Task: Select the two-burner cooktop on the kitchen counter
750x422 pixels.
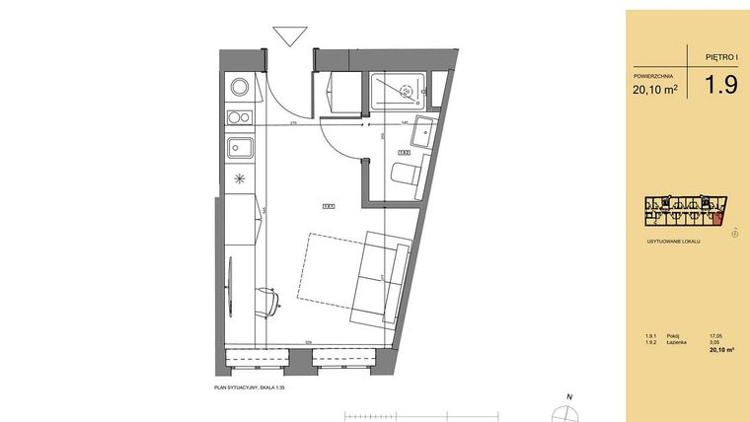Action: coord(238,118)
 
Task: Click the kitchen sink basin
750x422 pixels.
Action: coord(241,149)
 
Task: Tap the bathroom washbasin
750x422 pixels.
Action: coord(422,131)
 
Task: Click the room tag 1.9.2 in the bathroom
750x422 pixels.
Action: coord(404,153)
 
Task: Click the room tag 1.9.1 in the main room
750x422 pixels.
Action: coord(328,206)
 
